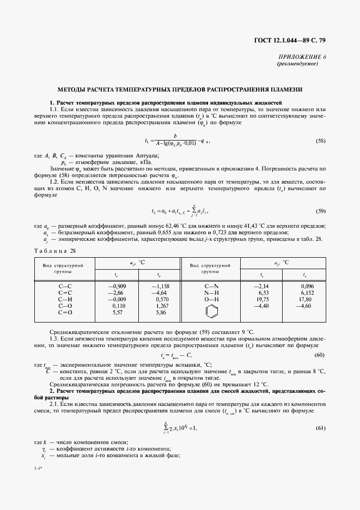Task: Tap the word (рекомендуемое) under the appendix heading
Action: point(298,63)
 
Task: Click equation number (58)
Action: point(321,141)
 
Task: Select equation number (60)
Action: point(321,355)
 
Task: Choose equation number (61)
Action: point(321,428)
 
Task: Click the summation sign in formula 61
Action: point(149,428)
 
